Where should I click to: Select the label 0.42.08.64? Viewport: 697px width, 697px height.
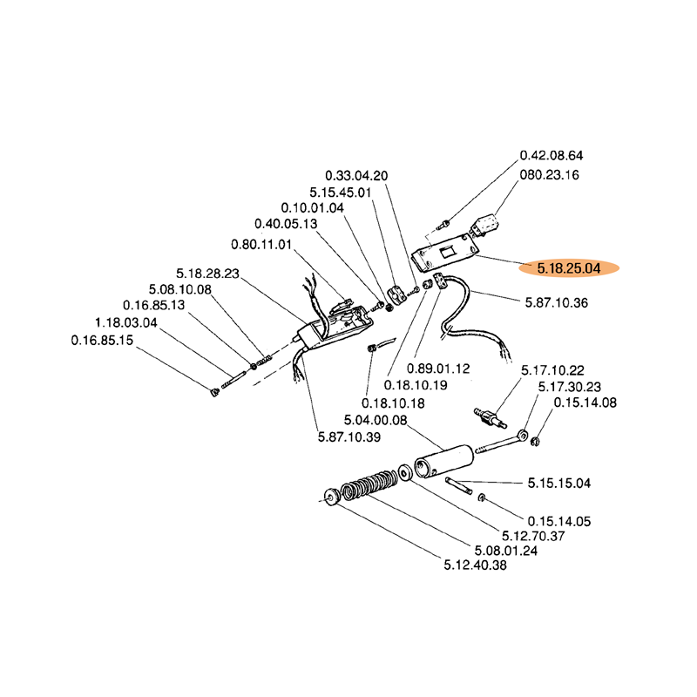click(x=552, y=155)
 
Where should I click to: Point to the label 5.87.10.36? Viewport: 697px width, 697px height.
click(x=558, y=302)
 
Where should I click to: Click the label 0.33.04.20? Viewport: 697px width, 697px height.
click(x=356, y=175)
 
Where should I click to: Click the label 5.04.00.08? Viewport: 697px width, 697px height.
click(x=376, y=420)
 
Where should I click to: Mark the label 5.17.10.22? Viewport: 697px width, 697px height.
click(x=552, y=370)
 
